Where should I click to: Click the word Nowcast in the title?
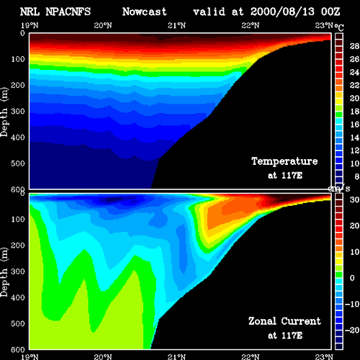145,12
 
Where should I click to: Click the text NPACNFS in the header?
68,12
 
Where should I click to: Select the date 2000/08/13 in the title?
282,12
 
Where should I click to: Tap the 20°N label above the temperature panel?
103,25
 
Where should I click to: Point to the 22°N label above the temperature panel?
251,25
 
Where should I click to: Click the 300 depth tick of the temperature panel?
18,112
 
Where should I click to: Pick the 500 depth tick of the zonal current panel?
18,323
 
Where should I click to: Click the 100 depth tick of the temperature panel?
18,59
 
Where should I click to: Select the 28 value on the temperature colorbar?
354,46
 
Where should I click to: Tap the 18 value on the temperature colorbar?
354,112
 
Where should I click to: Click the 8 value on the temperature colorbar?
356,176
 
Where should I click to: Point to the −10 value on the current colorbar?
352,304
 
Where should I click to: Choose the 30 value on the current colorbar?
354,199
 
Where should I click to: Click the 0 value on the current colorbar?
352,278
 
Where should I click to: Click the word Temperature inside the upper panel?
284,161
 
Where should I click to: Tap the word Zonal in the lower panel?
262,321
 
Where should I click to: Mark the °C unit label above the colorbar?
339,27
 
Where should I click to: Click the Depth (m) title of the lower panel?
4,272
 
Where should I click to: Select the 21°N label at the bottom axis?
176,357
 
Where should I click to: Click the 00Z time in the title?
330,12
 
